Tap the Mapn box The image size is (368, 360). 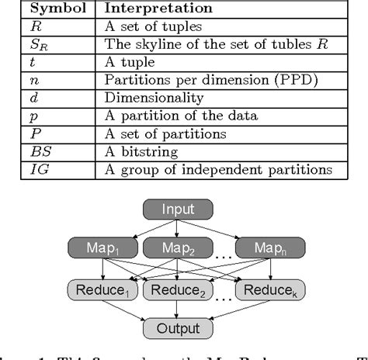269,248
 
